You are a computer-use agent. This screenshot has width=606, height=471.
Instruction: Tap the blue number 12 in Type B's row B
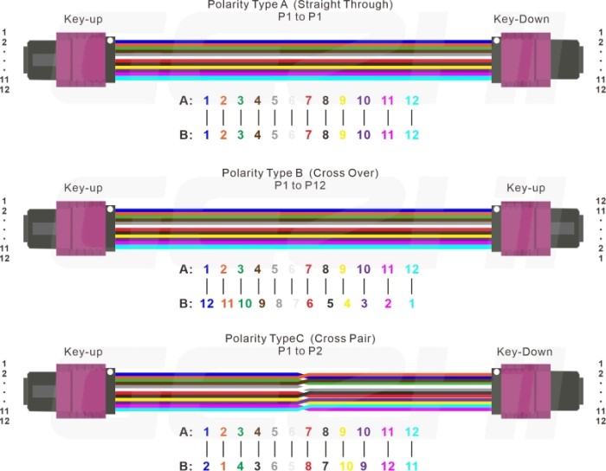207,304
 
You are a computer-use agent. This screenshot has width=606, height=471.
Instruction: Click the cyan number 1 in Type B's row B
411,304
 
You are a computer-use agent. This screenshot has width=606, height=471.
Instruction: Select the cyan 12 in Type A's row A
411,100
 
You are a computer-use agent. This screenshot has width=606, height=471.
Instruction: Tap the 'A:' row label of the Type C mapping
185,431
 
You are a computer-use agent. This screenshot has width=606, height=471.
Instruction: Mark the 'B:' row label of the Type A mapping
185,135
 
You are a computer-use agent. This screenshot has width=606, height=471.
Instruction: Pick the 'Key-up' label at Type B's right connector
525,188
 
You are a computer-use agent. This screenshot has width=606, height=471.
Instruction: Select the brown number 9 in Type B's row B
261,304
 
